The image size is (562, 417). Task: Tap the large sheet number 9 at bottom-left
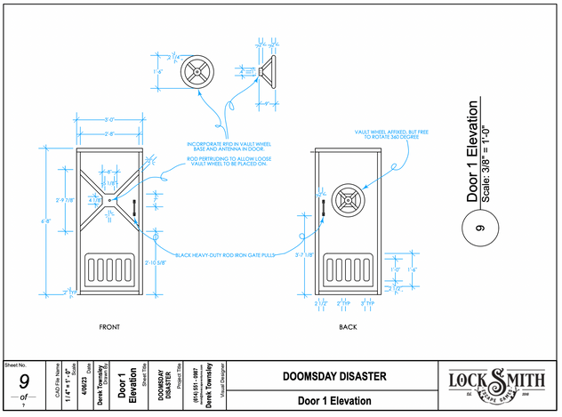[23, 384]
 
